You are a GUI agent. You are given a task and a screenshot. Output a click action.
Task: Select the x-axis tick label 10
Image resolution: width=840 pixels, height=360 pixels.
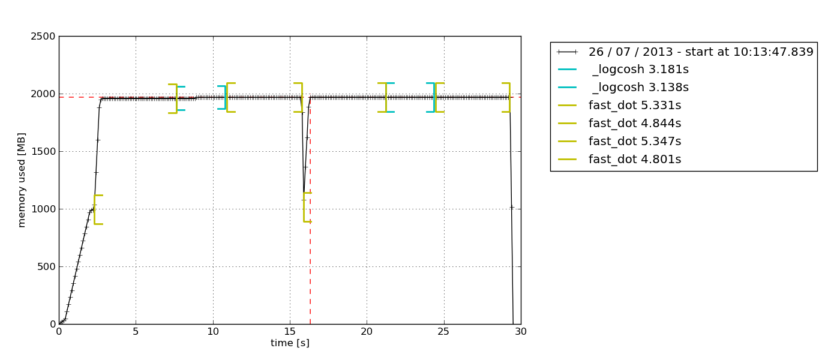tap(212, 332)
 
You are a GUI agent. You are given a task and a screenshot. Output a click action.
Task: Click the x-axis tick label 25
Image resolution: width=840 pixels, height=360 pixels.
tap(443, 332)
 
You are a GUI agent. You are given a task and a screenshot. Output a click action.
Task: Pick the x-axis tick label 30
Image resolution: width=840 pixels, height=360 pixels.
tap(520, 332)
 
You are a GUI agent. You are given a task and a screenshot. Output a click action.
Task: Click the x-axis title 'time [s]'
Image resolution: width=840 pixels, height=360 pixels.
tap(290, 343)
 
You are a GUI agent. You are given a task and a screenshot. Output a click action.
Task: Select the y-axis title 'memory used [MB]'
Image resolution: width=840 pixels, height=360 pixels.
tap(22, 180)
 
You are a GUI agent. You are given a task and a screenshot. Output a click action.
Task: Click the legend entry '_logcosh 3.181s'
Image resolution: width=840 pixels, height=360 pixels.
tap(640, 70)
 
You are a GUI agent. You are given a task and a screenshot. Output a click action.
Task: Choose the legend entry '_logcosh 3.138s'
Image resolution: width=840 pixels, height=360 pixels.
tap(640, 88)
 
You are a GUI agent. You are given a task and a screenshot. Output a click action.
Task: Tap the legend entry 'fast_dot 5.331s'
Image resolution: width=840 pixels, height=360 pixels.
tap(635, 106)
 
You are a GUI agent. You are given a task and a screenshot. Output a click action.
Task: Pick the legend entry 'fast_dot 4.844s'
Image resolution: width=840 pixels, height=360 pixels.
tap(635, 124)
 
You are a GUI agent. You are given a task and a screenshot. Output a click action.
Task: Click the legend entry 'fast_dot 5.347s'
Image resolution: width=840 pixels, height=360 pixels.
tap(635, 142)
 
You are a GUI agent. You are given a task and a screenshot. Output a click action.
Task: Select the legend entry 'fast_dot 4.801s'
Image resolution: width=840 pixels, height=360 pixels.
tap(635, 160)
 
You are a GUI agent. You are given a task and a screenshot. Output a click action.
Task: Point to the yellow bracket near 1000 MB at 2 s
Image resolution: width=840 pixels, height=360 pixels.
tap(95, 209)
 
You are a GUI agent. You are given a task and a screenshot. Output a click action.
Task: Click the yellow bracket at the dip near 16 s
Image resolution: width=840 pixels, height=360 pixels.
tap(304, 207)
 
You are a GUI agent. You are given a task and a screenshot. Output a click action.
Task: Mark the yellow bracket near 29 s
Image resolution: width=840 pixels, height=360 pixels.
tap(509, 97)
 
